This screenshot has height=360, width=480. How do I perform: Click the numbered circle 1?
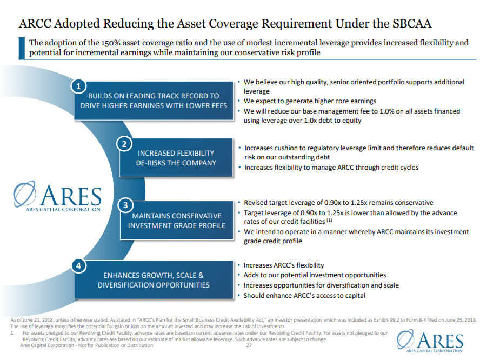tap(79, 86)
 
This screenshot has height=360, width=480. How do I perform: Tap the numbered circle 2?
tap(124, 144)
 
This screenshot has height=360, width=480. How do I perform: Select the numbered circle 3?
tap(125, 205)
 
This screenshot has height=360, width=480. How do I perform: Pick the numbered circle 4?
tap(79, 266)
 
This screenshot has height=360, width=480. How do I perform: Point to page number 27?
tap(250, 345)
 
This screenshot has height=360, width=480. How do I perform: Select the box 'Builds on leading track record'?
tap(154, 101)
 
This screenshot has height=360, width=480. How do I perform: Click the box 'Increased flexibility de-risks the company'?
tap(176, 158)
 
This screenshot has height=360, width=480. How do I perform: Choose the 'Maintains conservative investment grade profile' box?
tap(177, 221)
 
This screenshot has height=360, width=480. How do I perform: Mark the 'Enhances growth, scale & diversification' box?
tap(154, 280)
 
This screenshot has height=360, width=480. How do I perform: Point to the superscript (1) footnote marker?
tap(329, 221)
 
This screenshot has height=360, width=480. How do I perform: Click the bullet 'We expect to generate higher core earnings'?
tap(310, 101)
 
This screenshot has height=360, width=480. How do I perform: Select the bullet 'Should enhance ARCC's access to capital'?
tap(304, 295)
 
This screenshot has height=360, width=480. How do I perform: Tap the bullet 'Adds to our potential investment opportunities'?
tap(315, 275)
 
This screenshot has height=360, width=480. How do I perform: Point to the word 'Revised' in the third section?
tap(257, 202)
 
